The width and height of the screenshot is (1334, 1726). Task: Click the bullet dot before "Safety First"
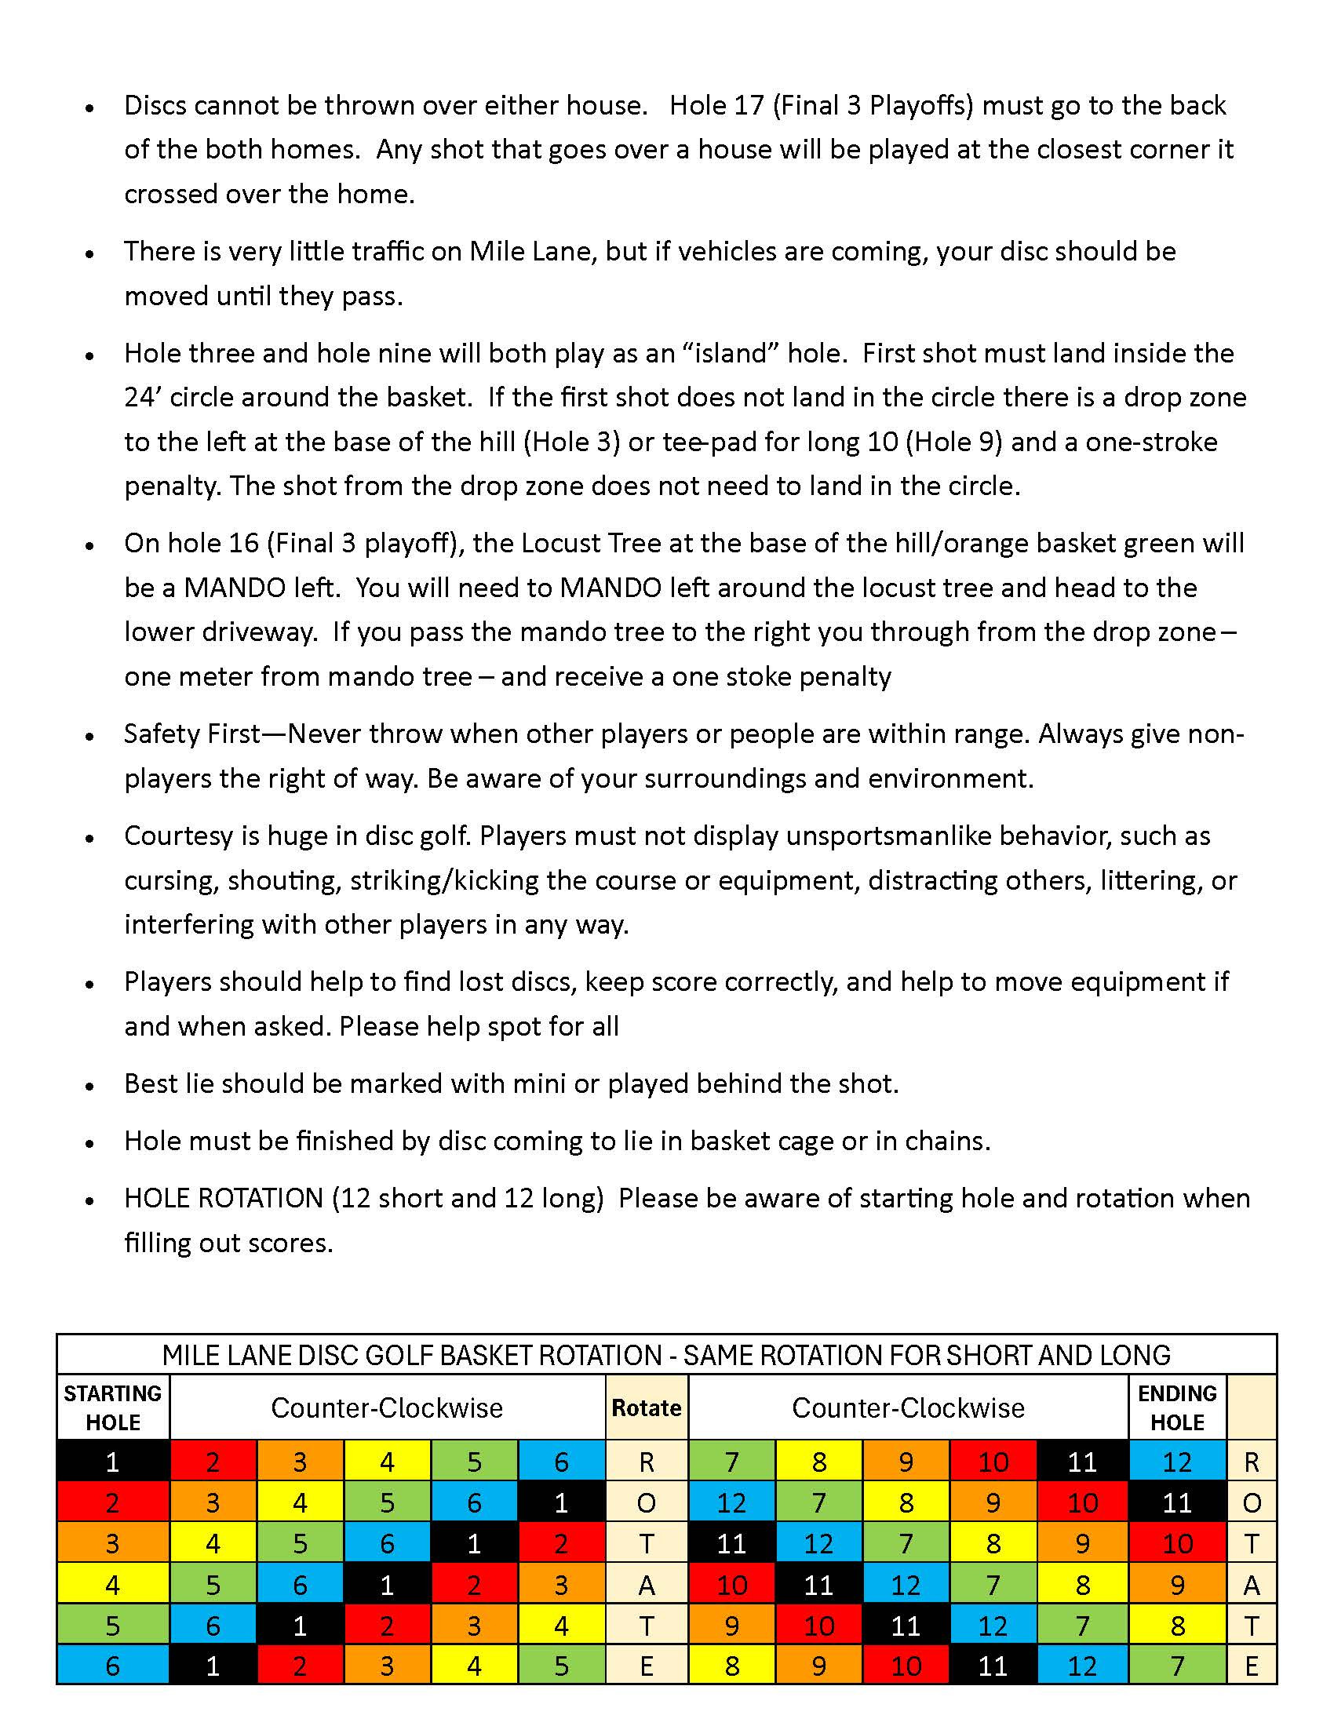click(x=90, y=737)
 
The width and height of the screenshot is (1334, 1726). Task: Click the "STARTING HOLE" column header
click(x=113, y=1407)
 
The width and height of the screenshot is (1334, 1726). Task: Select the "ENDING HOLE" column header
click(x=1177, y=1407)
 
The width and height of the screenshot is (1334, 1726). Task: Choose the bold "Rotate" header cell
click(x=647, y=1407)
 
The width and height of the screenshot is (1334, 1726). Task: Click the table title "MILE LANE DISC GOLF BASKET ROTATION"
click(x=411, y=1355)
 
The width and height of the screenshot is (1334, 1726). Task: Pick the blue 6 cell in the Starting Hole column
click(x=113, y=1666)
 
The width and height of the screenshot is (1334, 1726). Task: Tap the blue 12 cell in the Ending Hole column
click(x=1177, y=1462)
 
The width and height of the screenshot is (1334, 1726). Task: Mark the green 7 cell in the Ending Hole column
click(x=1177, y=1666)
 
